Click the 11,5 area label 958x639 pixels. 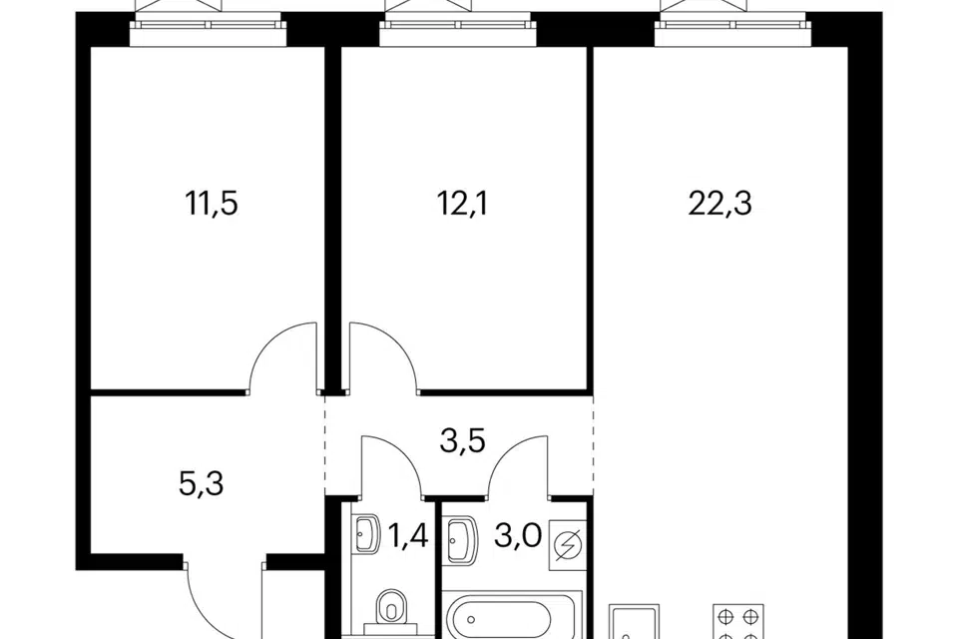point(212,204)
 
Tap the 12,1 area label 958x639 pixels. point(463,204)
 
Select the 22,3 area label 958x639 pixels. point(719,204)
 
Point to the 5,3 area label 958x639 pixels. point(202,483)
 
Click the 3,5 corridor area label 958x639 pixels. point(462,440)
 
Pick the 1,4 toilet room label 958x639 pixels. point(408,536)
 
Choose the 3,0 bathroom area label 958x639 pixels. point(518,536)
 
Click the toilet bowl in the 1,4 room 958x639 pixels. point(390,611)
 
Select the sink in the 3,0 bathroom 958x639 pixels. point(462,539)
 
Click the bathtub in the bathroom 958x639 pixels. point(512,615)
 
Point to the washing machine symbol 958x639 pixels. point(568,544)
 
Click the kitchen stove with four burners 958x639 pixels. point(738,621)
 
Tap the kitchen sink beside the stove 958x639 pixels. point(634,621)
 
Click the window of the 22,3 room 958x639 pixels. point(732,24)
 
